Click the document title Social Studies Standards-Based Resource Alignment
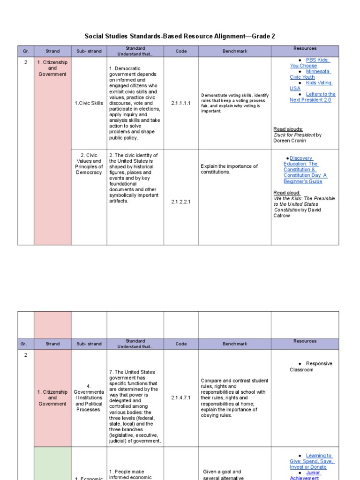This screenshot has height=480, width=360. [180, 36]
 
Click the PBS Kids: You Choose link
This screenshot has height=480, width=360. [310, 63]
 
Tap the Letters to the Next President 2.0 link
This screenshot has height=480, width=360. [313, 97]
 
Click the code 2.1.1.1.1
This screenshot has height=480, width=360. [181, 103]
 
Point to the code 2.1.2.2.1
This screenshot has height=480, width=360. [181, 202]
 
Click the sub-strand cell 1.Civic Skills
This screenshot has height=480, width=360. [89, 103]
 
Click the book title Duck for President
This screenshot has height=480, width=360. [294, 135]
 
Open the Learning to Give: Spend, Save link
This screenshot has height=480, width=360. [313, 461]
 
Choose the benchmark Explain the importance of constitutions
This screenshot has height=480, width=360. [229, 169]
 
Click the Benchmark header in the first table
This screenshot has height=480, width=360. [235, 51]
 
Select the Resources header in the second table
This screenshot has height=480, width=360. [305, 341]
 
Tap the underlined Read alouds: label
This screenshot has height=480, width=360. [288, 129]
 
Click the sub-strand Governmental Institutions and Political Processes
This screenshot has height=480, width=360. [89, 398]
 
